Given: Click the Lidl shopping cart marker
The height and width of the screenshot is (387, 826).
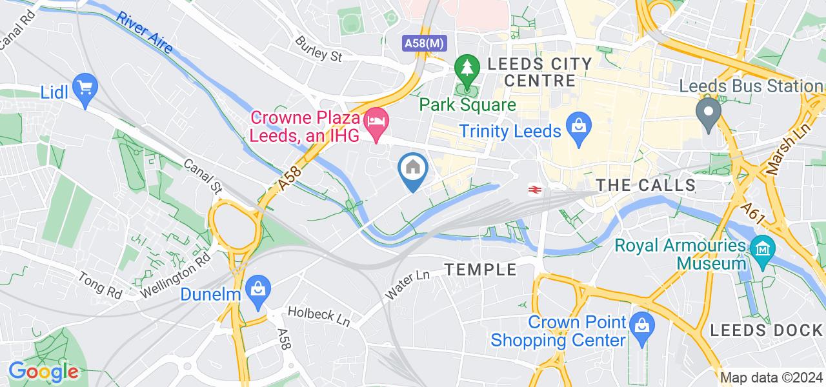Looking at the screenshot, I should (x=85, y=86).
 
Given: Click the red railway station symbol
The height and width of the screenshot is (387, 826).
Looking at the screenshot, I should (x=534, y=189).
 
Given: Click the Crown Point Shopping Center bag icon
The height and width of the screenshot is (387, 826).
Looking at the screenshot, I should (x=641, y=324).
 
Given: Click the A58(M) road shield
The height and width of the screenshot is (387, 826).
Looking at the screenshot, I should (x=423, y=43).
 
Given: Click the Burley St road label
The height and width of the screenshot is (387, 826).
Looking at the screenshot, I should (x=318, y=49).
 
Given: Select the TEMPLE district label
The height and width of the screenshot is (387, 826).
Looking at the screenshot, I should (x=481, y=270).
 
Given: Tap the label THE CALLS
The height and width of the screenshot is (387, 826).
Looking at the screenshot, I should (x=645, y=186).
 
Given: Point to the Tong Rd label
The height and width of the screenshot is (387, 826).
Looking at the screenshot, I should (x=100, y=284).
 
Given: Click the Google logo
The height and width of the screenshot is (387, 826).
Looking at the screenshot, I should (x=43, y=372).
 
